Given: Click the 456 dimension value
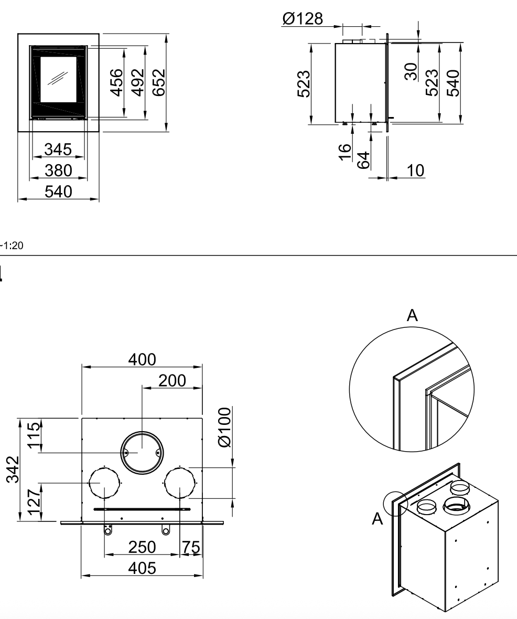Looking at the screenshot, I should click(117, 82).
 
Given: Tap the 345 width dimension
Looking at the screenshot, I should click(58, 150).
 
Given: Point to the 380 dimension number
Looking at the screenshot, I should click(58, 170).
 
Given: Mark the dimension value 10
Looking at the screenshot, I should click(416, 171).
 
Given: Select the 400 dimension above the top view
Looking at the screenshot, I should click(142, 359).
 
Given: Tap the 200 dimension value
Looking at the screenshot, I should click(173, 381).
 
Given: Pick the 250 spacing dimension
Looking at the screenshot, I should click(143, 547).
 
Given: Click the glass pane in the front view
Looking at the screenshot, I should click(60, 79).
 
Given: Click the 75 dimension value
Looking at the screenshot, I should click(191, 547).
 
